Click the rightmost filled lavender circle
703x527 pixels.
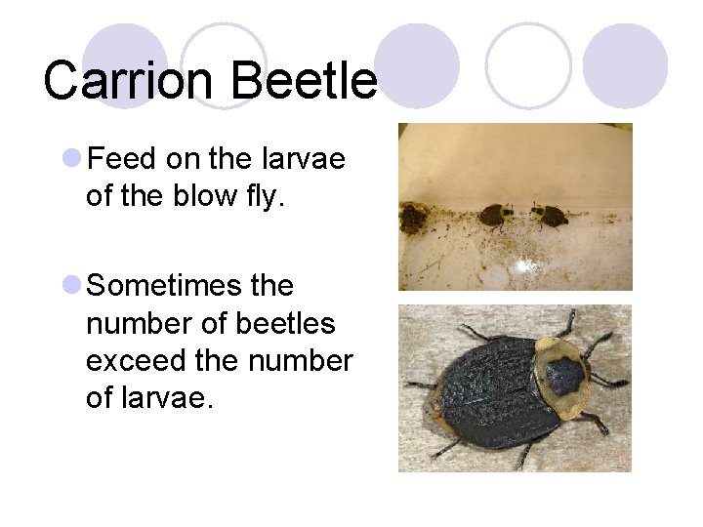625,65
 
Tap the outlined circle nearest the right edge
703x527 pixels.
528,65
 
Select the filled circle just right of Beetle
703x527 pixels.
417,65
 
